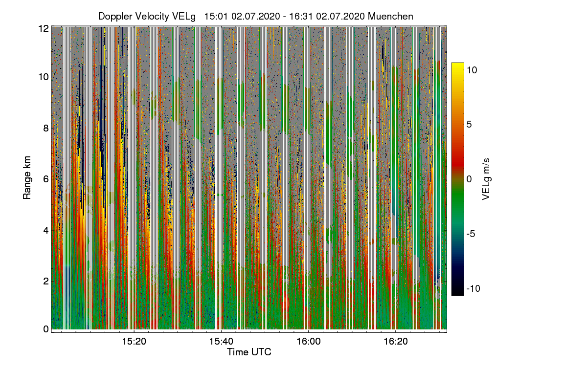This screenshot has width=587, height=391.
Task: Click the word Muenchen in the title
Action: click(390, 16)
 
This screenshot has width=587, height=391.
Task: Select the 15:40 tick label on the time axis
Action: click(222, 342)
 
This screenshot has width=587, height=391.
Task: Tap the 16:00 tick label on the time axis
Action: click(309, 342)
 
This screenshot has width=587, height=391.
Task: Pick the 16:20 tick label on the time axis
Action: click(396, 342)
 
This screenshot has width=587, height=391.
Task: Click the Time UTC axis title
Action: click(249, 352)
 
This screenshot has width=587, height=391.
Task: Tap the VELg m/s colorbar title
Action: click(486, 179)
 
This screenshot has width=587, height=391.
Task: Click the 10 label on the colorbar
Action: click(472, 70)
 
